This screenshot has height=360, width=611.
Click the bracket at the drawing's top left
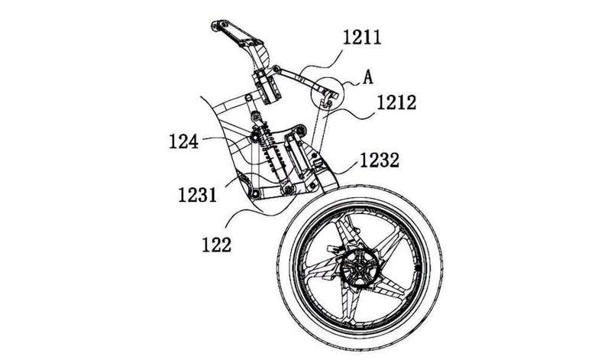click(x=234, y=35)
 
